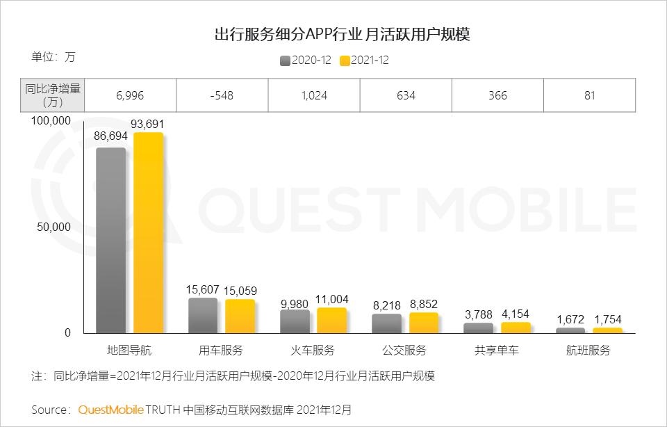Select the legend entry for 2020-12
click(x=305, y=61)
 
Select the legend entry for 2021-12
click(x=364, y=61)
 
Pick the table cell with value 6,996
click(x=130, y=95)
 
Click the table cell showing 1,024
click(x=314, y=95)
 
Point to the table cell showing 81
click(x=589, y=95)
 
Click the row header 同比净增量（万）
click(x=53, y=95)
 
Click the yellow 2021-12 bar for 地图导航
click(x=148, y=233)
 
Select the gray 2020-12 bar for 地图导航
click(x=111, y=241)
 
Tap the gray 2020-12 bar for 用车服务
click(x=203, y=316)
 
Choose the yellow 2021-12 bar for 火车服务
click(x=331, y=321)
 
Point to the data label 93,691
click(x=148, y=124)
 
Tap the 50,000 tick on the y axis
click(x=53, y=227)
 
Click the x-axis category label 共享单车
click(x=496, y=350)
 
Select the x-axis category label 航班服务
click(x=588, y=350)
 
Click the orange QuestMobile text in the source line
click(x=110, y=410)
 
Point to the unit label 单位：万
click(x=53, y=57)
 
